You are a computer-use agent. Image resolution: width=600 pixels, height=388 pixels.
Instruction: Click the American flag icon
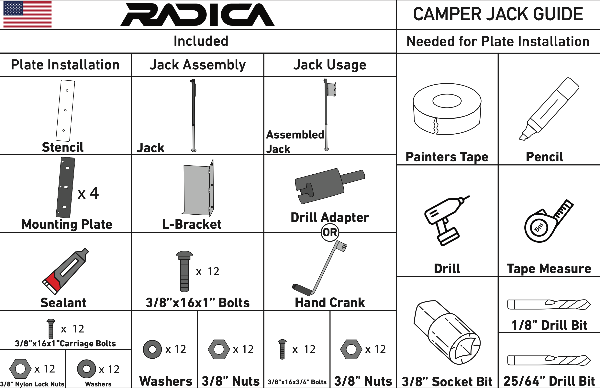[27, 14]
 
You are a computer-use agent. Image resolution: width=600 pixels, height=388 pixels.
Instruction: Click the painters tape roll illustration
[447, 109]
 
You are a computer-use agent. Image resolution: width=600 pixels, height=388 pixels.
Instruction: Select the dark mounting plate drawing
[66, 187]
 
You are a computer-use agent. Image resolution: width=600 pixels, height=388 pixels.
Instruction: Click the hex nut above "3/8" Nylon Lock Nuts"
[20, 369]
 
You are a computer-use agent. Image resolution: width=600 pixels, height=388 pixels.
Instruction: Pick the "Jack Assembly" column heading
[197, 65]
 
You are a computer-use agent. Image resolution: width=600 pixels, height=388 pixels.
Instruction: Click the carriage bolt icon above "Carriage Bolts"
[51, 329]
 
